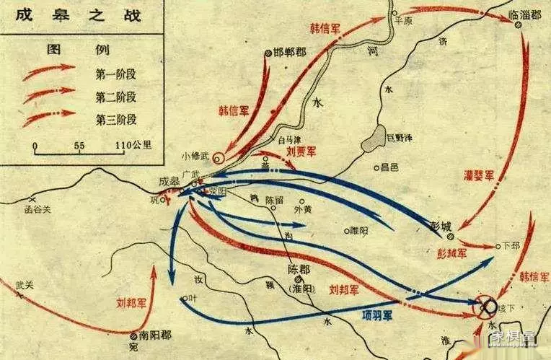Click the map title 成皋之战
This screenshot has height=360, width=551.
[x=50, y=14]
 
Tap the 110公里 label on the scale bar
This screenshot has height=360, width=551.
[x=133, y=145]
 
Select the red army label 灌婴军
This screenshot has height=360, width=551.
[x=478, y=174]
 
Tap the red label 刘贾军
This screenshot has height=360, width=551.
[x=301, y=152]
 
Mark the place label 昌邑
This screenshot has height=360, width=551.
[x=389, y=167]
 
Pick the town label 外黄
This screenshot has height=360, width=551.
[x=304, y=211]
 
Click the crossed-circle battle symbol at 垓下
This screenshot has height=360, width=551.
[x=488, y=307]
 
